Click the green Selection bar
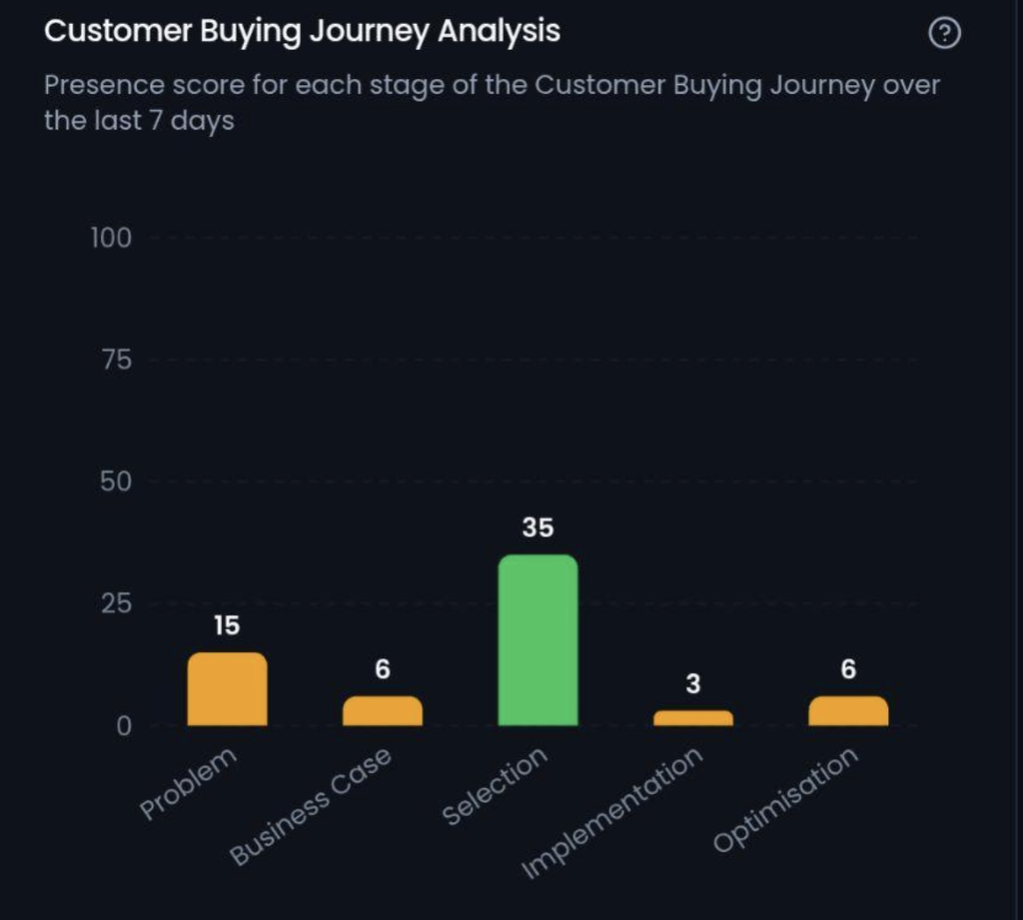537,640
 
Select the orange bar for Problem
227,689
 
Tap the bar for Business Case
383,711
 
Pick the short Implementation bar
693,718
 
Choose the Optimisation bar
848,711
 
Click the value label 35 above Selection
537,527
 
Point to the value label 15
227,625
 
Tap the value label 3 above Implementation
693,684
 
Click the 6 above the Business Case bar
383,669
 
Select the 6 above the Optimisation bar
848,669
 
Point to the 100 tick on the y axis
111,238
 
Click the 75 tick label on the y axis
117,361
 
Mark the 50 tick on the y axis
116,482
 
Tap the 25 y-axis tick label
116,604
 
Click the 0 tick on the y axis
124,726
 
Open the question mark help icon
944,33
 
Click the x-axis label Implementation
612,812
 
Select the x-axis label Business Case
311,806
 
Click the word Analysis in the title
500,31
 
